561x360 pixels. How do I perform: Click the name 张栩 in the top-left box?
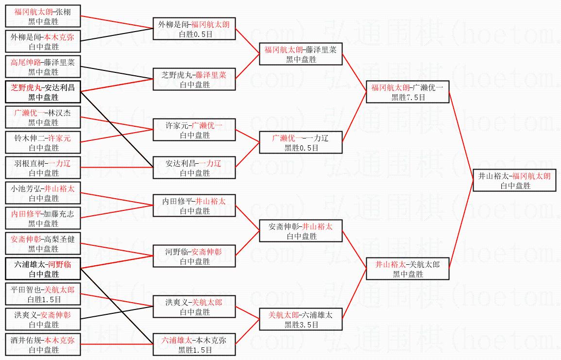coord(63,12)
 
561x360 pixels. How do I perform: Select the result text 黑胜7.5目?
coord(408,97)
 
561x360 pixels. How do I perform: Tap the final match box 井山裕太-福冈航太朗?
coord(514,180)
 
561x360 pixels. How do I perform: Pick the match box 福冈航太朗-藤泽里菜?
coord(301,54)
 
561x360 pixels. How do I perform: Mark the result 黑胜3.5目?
coord(301,325)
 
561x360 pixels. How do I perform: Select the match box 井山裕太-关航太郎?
coord(408,269)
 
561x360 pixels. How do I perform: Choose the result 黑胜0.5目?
coord(301,148)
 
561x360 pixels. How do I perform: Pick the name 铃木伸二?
coord(29,138)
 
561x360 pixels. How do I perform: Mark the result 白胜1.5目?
coord(44,299)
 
